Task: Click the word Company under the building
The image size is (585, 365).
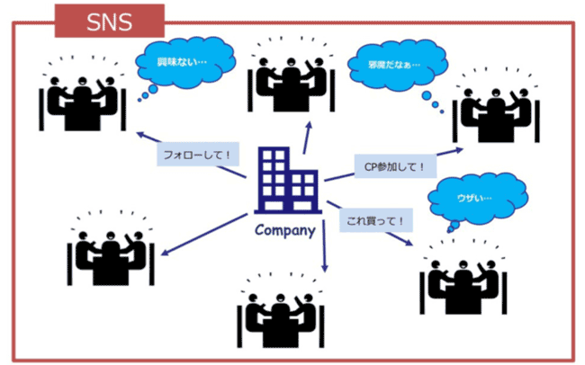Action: (284, 228)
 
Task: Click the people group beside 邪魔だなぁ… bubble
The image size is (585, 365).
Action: (498, 108)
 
